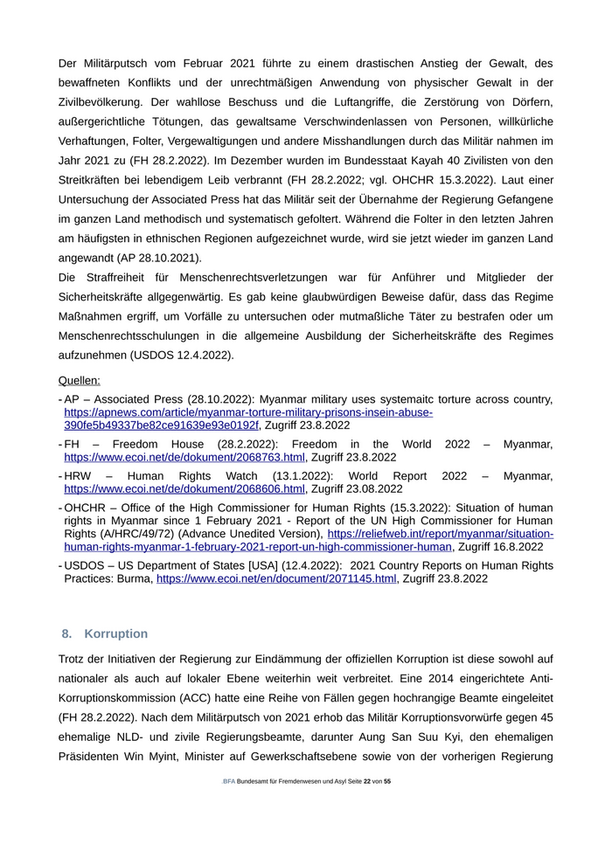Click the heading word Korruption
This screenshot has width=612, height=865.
(x=116, y=633)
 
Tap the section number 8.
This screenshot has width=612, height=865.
(x=66, y=633)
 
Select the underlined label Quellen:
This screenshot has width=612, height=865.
(x=79, y=380)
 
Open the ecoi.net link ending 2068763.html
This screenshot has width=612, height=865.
(x=184, y=457)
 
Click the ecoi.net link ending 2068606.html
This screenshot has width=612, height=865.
(x=184, y=489)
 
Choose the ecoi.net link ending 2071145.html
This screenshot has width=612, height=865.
(x=276, y=578)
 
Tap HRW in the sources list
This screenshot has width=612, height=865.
(x=79, y=476)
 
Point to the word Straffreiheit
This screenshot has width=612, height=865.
(x=122, y=277)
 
